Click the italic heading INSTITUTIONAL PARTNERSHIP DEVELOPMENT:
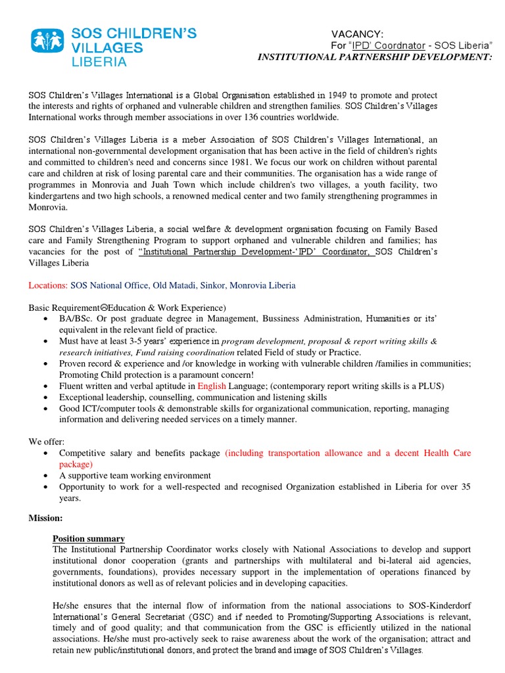point(374,57)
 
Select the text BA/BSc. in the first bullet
point(76,319)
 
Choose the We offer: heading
point(46,442)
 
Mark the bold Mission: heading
point(45,518)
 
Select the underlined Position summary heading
point(89,538)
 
